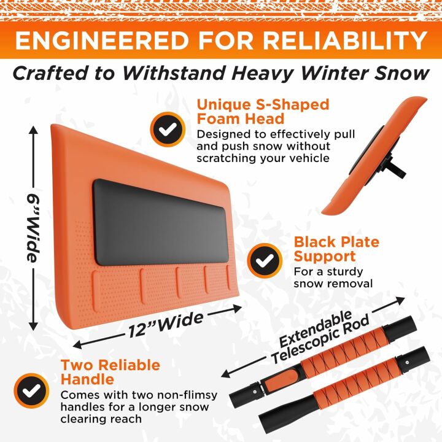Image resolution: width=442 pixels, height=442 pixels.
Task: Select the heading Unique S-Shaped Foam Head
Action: point(263,111)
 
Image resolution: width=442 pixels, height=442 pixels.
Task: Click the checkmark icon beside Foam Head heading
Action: point(168,128)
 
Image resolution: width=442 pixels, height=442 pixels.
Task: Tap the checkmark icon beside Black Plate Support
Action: point(265,261)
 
